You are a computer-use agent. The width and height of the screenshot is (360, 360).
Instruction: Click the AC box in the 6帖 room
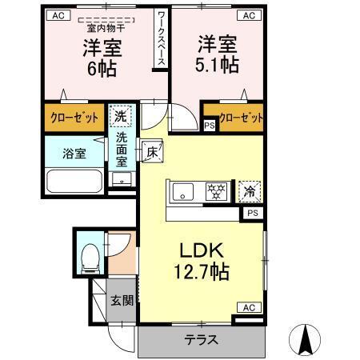click(x=58, y=15)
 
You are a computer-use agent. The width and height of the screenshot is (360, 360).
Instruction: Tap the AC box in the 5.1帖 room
click(x=249, y=15)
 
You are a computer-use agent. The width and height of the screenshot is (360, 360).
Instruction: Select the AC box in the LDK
click(x=249, y=307)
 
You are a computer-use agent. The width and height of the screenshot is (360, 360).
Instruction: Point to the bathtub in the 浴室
click(x=74, y=182)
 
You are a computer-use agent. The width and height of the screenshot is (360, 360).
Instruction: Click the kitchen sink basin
click(x=183, y=192)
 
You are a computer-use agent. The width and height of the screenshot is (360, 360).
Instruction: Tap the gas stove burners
click(x=216, y=191)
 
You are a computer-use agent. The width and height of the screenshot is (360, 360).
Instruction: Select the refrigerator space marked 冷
click(x=250, y=191)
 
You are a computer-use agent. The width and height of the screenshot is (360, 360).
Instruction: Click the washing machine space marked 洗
click(x=121, y=117)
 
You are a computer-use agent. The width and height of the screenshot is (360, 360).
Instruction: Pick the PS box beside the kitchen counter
click(x=253, y=213)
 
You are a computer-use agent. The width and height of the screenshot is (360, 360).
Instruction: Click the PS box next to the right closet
click(x=210, y=125)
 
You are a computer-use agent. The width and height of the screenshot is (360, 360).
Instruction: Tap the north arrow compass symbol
click(x=305, y=339)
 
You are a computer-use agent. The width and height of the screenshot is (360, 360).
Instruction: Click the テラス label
click(x=202, y=340)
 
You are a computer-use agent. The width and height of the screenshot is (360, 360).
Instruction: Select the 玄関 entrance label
click(x=122, y=301)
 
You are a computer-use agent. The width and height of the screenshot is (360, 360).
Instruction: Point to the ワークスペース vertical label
click(x=161, y=38)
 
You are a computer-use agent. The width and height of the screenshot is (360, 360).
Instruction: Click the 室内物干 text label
click(x=106, y=28)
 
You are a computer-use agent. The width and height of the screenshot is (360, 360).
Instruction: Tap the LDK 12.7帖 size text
click(x=202, y=272)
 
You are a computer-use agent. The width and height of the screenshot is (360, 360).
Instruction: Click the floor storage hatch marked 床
click(x=152, y=150)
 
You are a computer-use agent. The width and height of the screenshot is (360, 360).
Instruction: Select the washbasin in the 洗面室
click(x=122, y=179)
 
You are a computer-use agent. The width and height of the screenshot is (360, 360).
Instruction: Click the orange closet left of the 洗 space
click(x=74, y=118)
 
